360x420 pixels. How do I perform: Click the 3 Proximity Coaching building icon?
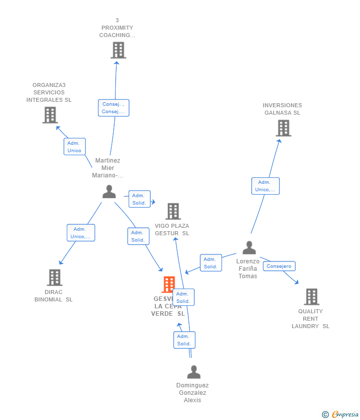pyautogui.click(x=118, y=50)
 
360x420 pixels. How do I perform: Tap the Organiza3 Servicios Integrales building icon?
pyautogui.click(x=50, y=115)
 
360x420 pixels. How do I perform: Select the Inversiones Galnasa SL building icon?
pyautogui.click(x=283, y=128)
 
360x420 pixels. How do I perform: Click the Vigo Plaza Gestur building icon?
pyautogui.click(x=173, y=211)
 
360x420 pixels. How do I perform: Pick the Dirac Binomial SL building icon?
pyautogui.click(x=54, y=278)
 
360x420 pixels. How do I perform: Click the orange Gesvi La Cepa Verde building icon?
pyautogui.click(x=169, y=285)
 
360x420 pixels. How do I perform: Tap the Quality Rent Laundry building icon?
pyautogui.click(x=311, y=297)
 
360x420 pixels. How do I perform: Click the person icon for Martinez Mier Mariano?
pyautogui.click(x=109, y=192)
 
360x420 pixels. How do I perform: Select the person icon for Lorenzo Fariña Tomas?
pyautogui.click(x=249, y=248)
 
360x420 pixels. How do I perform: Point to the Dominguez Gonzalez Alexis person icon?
pyautogui.click(x=194, y=372)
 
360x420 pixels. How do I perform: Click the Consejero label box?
pyautogui.click(x=279, y=266)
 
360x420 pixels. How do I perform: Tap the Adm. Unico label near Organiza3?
pyautogui.click(x=74, y=147)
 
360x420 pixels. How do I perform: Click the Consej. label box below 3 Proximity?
pyautogui.click(x=113, y=108)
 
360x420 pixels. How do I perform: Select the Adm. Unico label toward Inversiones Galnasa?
pyautogui.click(x=265, y=186)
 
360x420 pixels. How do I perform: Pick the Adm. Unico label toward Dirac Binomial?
pyautogui.click(x=81, y=233)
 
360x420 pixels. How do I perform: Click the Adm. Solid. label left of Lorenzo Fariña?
pyautogui.click(x=211, y=263)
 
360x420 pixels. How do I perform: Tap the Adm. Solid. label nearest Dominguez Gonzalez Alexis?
pyautogui.click(x=184, y=340)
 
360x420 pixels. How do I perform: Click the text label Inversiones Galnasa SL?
pyautogui.click(x=282, y=109)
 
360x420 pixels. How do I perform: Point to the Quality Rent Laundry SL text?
pyautogui.click(x=311, y=319)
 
